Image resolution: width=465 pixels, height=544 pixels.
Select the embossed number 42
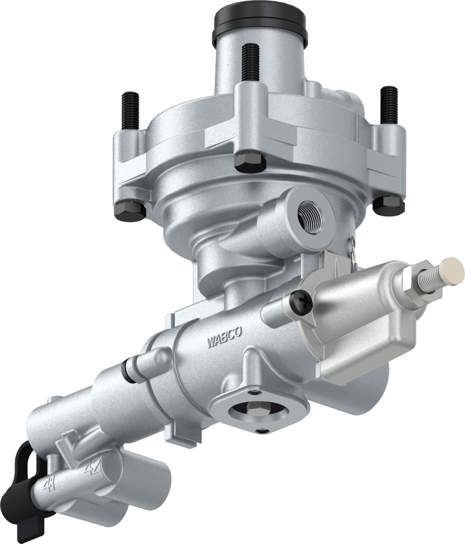[92, 468]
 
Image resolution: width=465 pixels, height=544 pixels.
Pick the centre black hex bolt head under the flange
[248, 161]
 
